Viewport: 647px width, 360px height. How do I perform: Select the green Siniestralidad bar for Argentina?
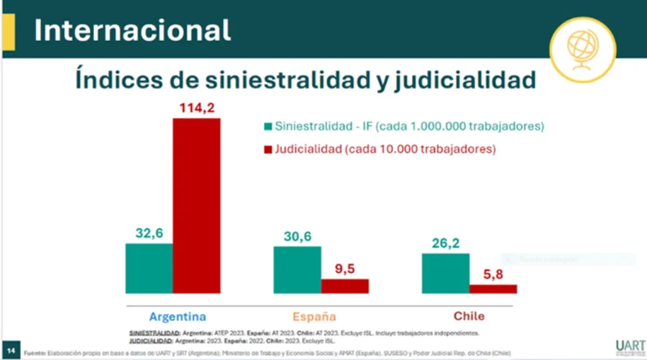(x=149, y=268)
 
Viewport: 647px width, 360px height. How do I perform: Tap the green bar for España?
(x=297, y=269)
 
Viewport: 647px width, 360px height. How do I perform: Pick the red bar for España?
(x=344, y=286)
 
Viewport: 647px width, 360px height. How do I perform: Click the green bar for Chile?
(x=445, y=273)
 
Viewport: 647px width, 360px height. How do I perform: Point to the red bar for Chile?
(x=492, y=289)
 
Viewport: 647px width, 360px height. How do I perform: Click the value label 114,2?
(x=196, y=109)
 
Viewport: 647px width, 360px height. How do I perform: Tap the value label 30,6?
(x=297, y=236)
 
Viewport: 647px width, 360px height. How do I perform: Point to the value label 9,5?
(x=345, y=268)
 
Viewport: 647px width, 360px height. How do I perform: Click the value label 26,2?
(x=445, y=243)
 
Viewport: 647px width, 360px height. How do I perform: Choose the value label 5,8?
(x=493, y=274)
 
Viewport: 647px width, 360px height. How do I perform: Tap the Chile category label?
(x=469, y=316)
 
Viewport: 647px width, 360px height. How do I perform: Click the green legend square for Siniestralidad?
(x=268, y=126)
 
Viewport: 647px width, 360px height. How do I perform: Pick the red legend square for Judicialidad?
(x=268, y=149)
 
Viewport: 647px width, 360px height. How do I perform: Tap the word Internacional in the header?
(x=133, y=30)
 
